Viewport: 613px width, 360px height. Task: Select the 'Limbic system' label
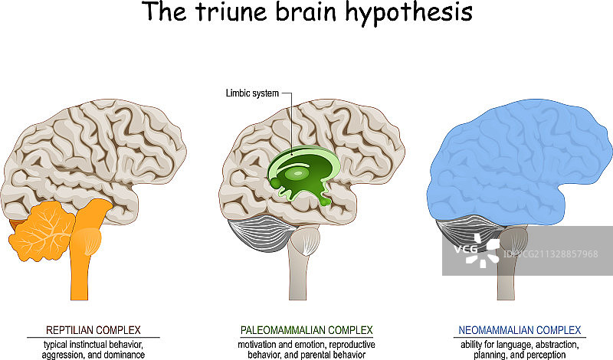[x=252, y=93]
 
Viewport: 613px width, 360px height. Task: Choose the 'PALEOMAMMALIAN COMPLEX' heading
[x=306, y=330]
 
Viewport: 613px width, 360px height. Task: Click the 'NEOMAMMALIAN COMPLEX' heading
[x=520, y=330]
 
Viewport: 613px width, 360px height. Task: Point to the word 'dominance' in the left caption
[x=126, y=355]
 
